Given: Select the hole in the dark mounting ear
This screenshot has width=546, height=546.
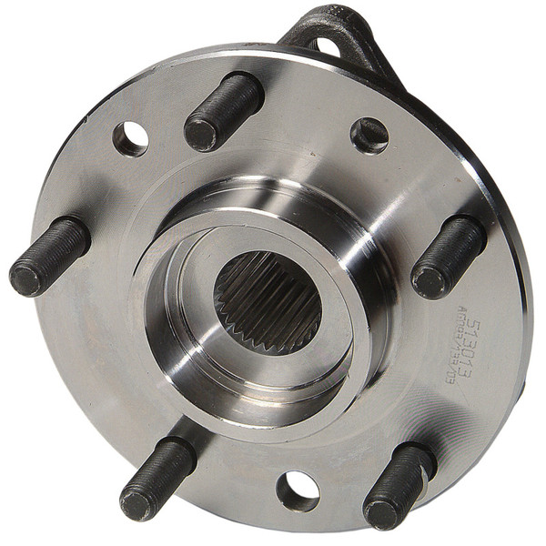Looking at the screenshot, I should (325, 44).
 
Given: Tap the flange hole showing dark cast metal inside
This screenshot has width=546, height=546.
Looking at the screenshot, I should (369, 136).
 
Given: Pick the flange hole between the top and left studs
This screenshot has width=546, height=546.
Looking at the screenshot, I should (130, 138).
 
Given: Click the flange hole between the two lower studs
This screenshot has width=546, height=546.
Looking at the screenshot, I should (298, 490).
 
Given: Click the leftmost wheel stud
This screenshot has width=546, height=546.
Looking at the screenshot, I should (50, 256).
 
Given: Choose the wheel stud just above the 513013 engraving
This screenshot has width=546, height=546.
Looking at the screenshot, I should (449, 256).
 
